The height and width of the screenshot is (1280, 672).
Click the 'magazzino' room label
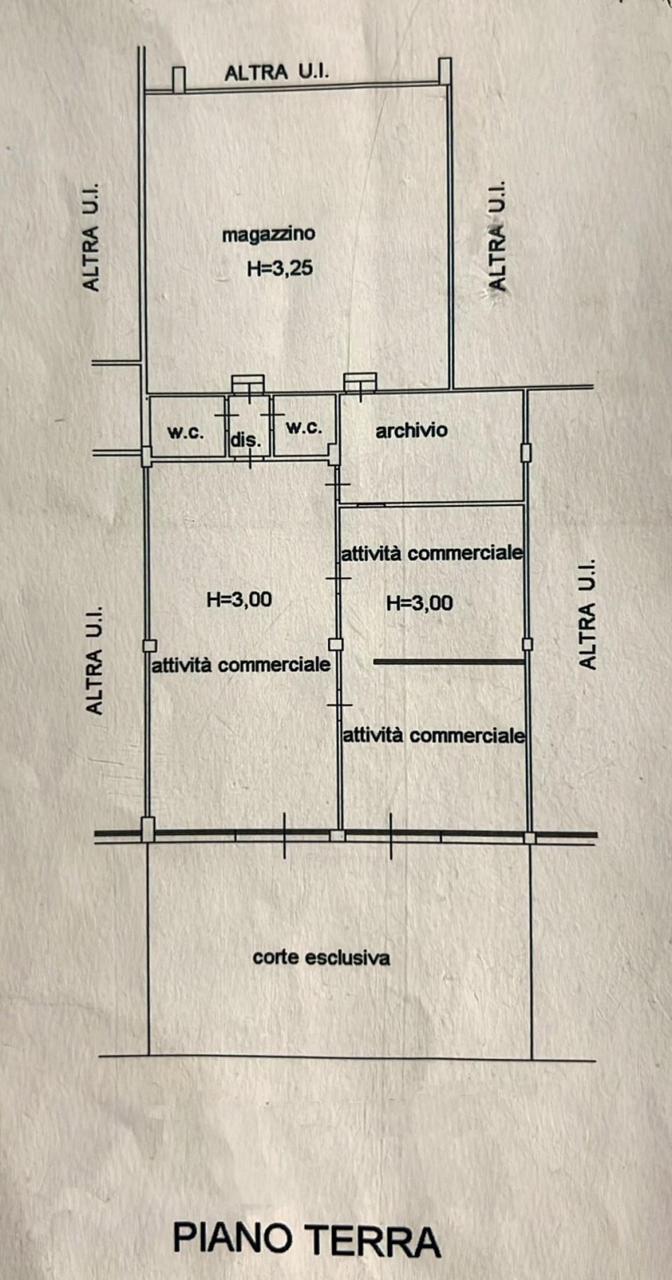click(x=269, y=235)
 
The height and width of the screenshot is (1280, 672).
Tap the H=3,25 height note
click(x=280, y=268)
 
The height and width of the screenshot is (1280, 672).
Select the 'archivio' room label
click(x=412, y=430)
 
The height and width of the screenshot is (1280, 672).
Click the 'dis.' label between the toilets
click(x=246, y=441)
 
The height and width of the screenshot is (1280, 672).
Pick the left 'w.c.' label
click(x=185, y=432)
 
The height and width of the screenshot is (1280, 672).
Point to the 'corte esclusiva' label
click(x=321, y=957)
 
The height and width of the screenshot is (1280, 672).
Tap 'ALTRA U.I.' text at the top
click(x=277, y=72)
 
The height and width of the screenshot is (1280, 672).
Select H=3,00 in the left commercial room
click(x=239, y=599)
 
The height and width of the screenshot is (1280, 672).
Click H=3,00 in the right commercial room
click(x=420, y=602)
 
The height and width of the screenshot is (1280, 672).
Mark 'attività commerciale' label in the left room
click(x=241, y=665)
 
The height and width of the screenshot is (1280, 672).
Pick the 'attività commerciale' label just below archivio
click(x=432, y=553)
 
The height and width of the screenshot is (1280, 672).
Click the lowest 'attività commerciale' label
click(x=434, y=735)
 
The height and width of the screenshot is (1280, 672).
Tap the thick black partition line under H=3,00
click(x=449, y=661)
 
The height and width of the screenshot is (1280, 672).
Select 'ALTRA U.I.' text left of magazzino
click(x=91, y=237)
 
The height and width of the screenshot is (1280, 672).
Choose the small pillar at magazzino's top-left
click(x=179, y=79)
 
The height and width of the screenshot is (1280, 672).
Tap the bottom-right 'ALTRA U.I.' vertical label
click(x=587, y=614)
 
